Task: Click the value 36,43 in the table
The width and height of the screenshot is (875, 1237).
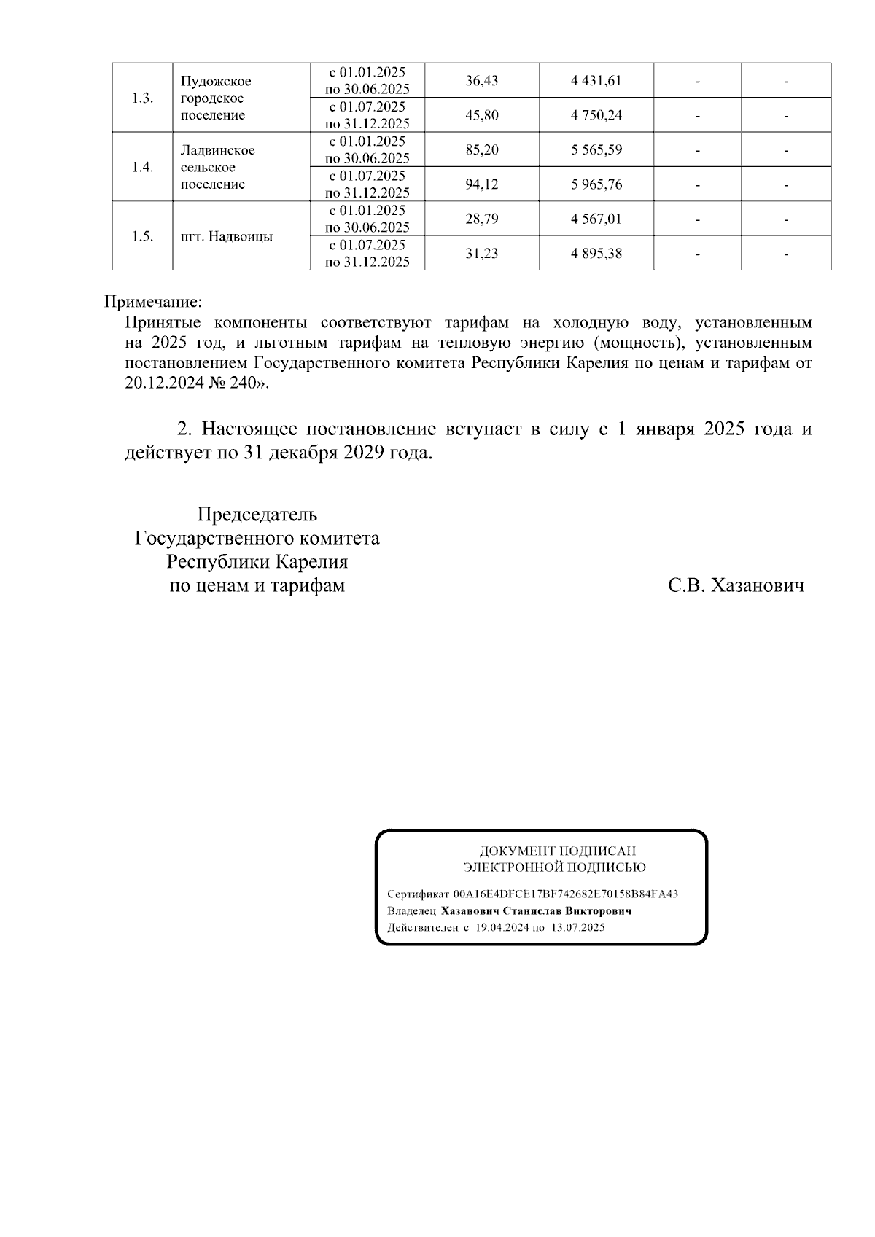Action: [481, 81]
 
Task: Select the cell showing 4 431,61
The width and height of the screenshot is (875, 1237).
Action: [596, 81]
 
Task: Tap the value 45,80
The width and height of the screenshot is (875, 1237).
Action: [481, 115]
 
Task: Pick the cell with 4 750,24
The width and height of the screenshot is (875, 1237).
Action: [596, 115]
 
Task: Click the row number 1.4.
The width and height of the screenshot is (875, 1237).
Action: [142, 167]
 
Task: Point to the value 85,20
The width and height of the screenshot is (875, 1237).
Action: [481, 150]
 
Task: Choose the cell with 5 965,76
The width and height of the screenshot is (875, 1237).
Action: [596, 184]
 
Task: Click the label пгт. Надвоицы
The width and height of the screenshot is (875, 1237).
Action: [227, 237]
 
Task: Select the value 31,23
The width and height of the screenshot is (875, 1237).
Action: [481, 254]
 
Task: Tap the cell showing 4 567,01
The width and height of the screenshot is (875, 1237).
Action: [596, 219]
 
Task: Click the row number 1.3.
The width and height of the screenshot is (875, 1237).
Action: [142, 98]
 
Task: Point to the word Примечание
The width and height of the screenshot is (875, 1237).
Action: [152, 302]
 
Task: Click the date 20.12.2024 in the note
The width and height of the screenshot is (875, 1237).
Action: [164, 383]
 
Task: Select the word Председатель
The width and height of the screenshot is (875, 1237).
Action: [257, 515]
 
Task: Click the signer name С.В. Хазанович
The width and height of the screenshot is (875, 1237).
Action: [736, 586]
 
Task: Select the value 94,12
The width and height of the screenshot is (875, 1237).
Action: [481, 184]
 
